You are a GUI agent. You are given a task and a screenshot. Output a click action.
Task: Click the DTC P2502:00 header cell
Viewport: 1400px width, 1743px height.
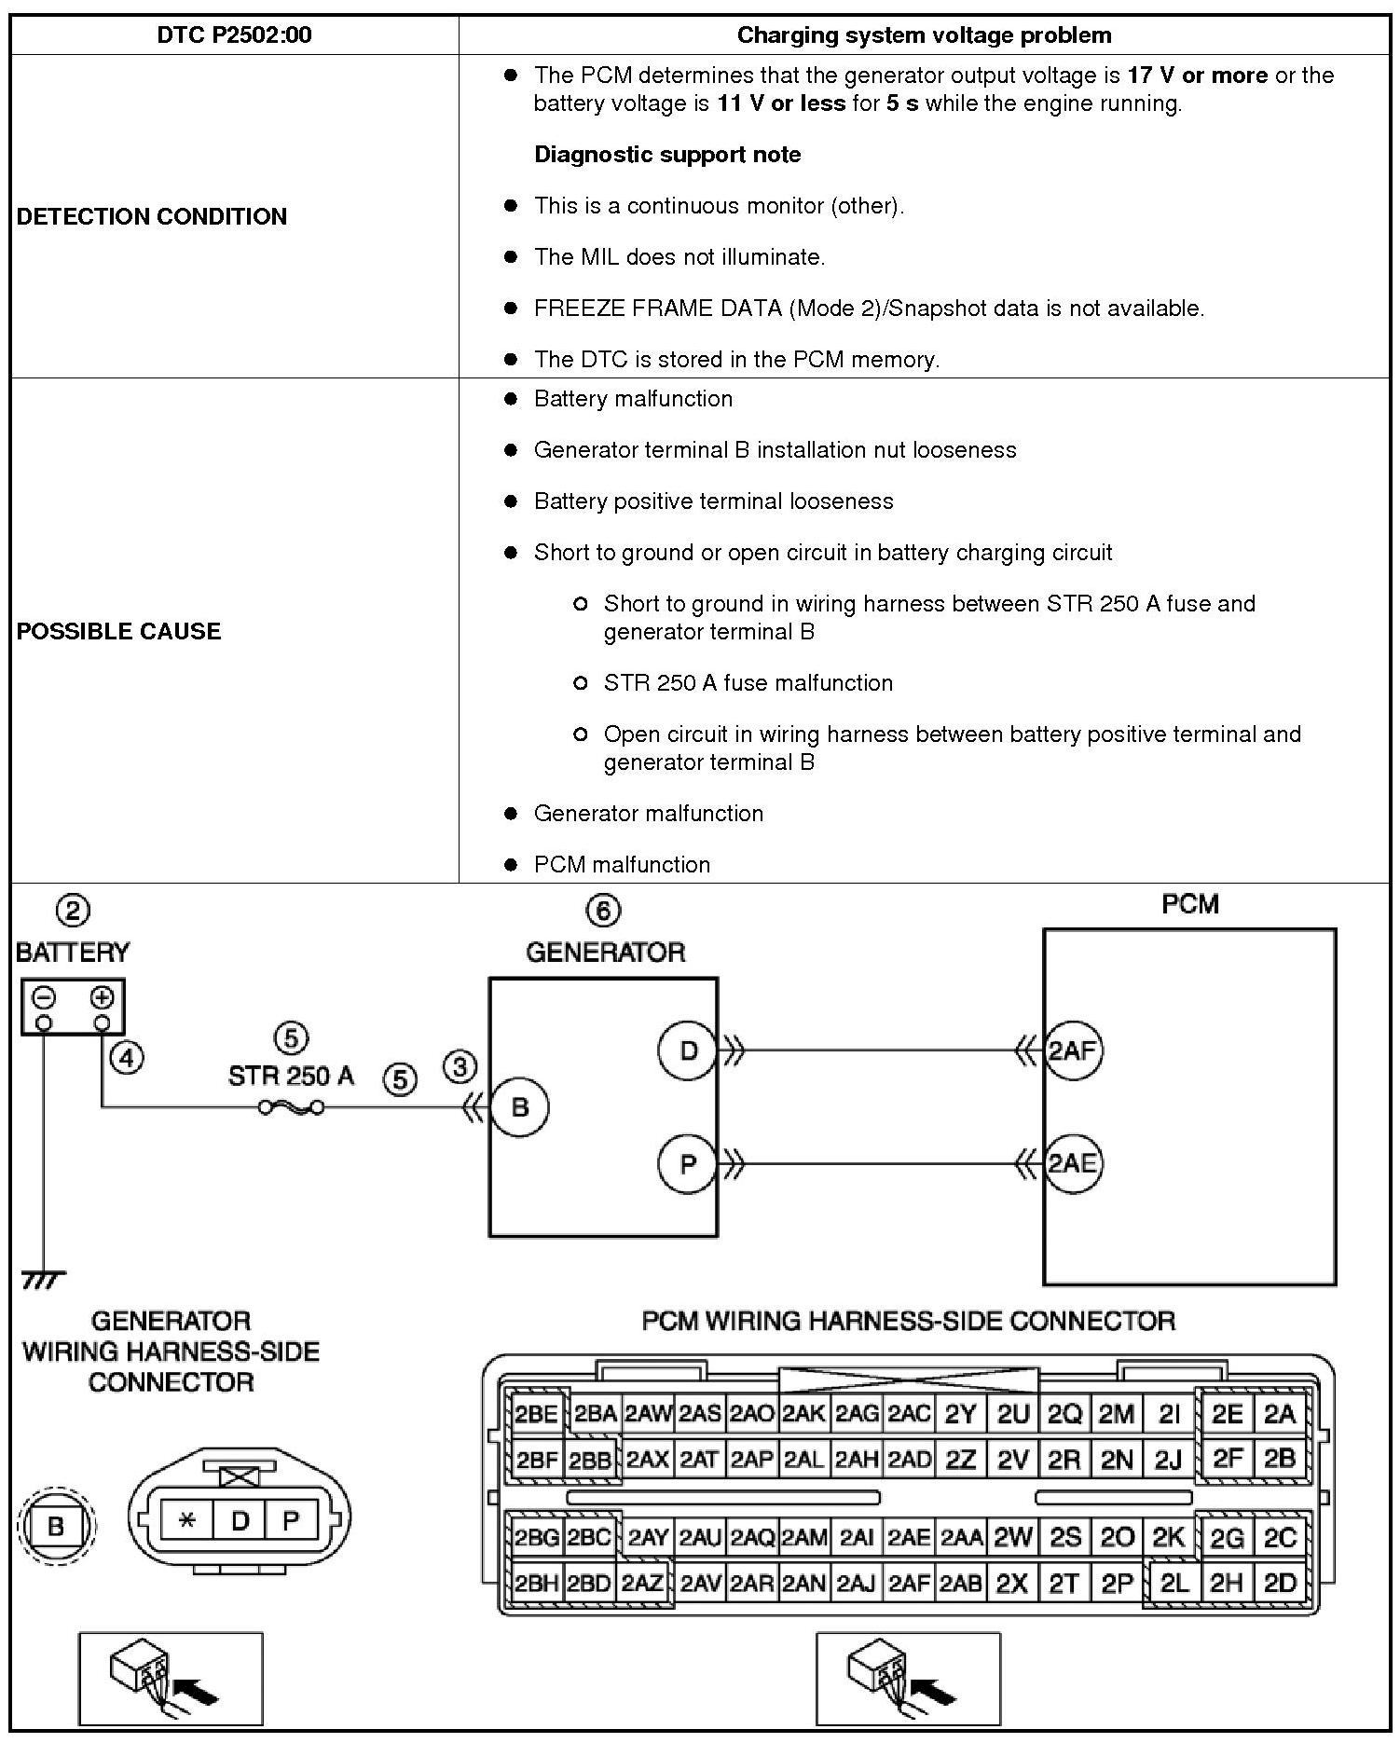[234, 35]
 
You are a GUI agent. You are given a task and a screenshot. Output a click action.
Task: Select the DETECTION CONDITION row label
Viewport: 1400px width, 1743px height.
[152, 216]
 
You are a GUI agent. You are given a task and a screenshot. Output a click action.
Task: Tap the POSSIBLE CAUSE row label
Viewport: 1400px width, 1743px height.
[119, 631]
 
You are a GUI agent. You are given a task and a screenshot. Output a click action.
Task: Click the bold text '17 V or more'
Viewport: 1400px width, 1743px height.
[1197, 75]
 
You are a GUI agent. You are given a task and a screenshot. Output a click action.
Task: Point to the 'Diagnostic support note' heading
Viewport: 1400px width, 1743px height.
[667, 155]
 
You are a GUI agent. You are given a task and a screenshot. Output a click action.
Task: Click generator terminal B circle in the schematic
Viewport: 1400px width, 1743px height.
[520, 1107]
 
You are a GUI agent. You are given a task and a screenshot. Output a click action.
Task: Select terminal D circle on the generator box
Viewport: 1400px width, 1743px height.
[688, 1050]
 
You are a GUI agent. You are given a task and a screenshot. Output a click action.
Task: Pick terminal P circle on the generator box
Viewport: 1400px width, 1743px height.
[688, 1163]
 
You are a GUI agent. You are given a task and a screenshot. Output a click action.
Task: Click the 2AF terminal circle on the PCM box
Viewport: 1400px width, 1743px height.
[1072, 1051]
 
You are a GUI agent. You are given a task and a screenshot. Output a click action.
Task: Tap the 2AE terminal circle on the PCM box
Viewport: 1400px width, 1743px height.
[1072, 1163]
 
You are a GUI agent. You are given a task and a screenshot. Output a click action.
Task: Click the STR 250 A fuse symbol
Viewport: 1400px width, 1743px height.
[291, 1107]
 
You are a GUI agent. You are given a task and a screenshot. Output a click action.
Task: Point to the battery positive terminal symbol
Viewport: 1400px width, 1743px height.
[102, 998]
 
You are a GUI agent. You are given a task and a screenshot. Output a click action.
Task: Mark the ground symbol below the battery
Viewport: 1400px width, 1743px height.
[43, 1281]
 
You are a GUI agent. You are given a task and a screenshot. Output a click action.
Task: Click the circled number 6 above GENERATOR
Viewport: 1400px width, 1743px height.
[603, 910]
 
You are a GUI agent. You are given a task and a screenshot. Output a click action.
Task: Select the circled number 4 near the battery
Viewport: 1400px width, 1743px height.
[127, 1057]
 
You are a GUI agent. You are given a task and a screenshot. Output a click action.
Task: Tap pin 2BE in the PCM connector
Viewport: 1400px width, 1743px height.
[536, 1414]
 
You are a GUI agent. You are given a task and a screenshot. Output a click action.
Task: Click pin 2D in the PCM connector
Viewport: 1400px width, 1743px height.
[1280, 1582]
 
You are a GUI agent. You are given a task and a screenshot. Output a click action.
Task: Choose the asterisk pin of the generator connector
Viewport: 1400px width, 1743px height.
[187, 1521]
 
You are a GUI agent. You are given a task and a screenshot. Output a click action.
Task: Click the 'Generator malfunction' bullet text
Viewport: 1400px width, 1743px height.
[648, 814]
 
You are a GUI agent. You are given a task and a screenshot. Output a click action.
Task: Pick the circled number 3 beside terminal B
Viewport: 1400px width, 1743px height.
[460, 1066]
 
